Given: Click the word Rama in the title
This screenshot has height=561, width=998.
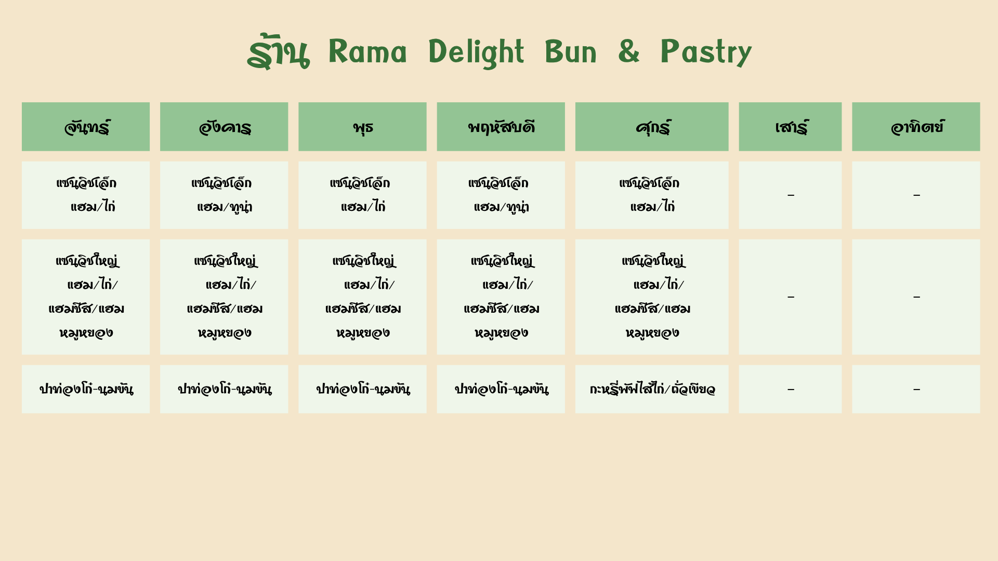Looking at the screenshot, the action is [367, 52].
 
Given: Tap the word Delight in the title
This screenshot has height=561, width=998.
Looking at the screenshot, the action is [476, 52].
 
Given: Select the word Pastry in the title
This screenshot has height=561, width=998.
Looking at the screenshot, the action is [706, 52].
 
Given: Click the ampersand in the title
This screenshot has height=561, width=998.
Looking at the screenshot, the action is [628, 52].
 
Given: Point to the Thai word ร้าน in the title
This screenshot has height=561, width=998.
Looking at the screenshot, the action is [279, 52].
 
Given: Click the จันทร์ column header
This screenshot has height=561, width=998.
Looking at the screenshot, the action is [86, 127].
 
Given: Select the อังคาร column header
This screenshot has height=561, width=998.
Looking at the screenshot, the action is [224, 127].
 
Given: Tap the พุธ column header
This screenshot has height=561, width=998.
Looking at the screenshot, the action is [362, 127].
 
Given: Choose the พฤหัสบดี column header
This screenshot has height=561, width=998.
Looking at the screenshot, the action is [501, 127].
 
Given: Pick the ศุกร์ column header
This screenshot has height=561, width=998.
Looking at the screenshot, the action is [652, 127].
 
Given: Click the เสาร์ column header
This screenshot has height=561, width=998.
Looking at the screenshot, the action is [790, 127].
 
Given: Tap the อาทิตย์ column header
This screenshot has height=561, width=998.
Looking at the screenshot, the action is [916, 127].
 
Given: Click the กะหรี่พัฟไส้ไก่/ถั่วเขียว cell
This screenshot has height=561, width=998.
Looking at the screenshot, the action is [652, 389].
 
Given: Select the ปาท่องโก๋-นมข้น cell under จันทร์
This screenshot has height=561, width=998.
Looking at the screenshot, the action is [86, 389].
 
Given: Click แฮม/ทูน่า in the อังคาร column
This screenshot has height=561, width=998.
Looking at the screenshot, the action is [225, 207].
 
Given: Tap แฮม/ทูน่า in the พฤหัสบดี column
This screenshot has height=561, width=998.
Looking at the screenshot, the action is [501, 207].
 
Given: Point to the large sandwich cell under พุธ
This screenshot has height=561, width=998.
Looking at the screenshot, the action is [362, 297].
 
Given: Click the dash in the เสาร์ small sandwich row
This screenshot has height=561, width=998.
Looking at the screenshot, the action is [791, 195].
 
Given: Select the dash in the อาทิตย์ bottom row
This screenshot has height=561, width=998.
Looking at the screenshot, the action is [916, 389].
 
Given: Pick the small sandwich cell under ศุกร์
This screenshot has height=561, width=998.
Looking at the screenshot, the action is [652, 195].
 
